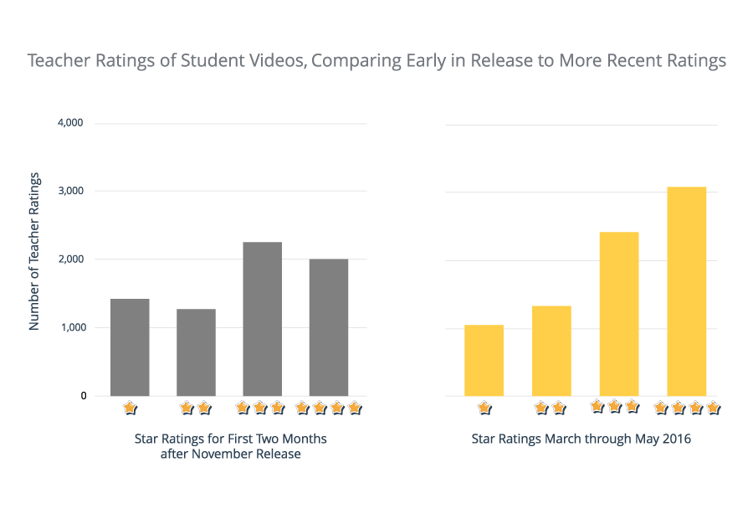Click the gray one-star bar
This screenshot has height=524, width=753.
[130, 347]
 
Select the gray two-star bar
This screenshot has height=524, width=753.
[196, 352]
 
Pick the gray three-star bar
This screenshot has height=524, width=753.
[262, 319]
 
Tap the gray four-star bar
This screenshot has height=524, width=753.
[328, 327]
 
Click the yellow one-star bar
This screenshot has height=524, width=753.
[484, 361]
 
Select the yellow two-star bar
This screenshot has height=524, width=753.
[551, 351]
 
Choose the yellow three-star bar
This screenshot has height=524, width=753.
[619, 314]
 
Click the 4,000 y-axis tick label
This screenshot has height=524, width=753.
[70, 123]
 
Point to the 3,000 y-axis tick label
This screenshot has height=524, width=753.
[70, 191]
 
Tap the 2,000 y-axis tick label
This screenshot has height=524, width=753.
[70, 259]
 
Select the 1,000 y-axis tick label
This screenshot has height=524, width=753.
[70, 328]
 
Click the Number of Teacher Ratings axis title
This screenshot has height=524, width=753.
[34, 251]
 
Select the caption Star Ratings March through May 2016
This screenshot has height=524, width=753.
[581, 439]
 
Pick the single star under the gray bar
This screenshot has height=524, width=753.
[129, 408]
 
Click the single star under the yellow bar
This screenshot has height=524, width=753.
[484, 408]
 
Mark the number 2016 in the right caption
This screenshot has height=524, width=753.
[676, 439]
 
